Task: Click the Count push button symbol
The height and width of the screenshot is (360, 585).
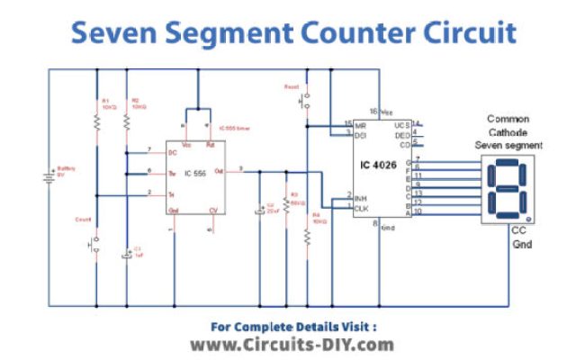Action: [x=94, y=243]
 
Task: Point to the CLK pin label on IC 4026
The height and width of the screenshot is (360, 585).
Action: [x=362, y=209]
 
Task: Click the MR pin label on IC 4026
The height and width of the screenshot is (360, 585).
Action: [x=361, y=125]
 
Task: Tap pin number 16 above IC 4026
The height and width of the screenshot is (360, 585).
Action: [x=373, y=111]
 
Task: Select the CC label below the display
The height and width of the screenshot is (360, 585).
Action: [x=518, y=230]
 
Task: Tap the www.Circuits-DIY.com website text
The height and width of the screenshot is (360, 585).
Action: [x=292, y=345]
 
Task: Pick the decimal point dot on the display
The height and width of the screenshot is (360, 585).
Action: [x=526, y=214]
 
